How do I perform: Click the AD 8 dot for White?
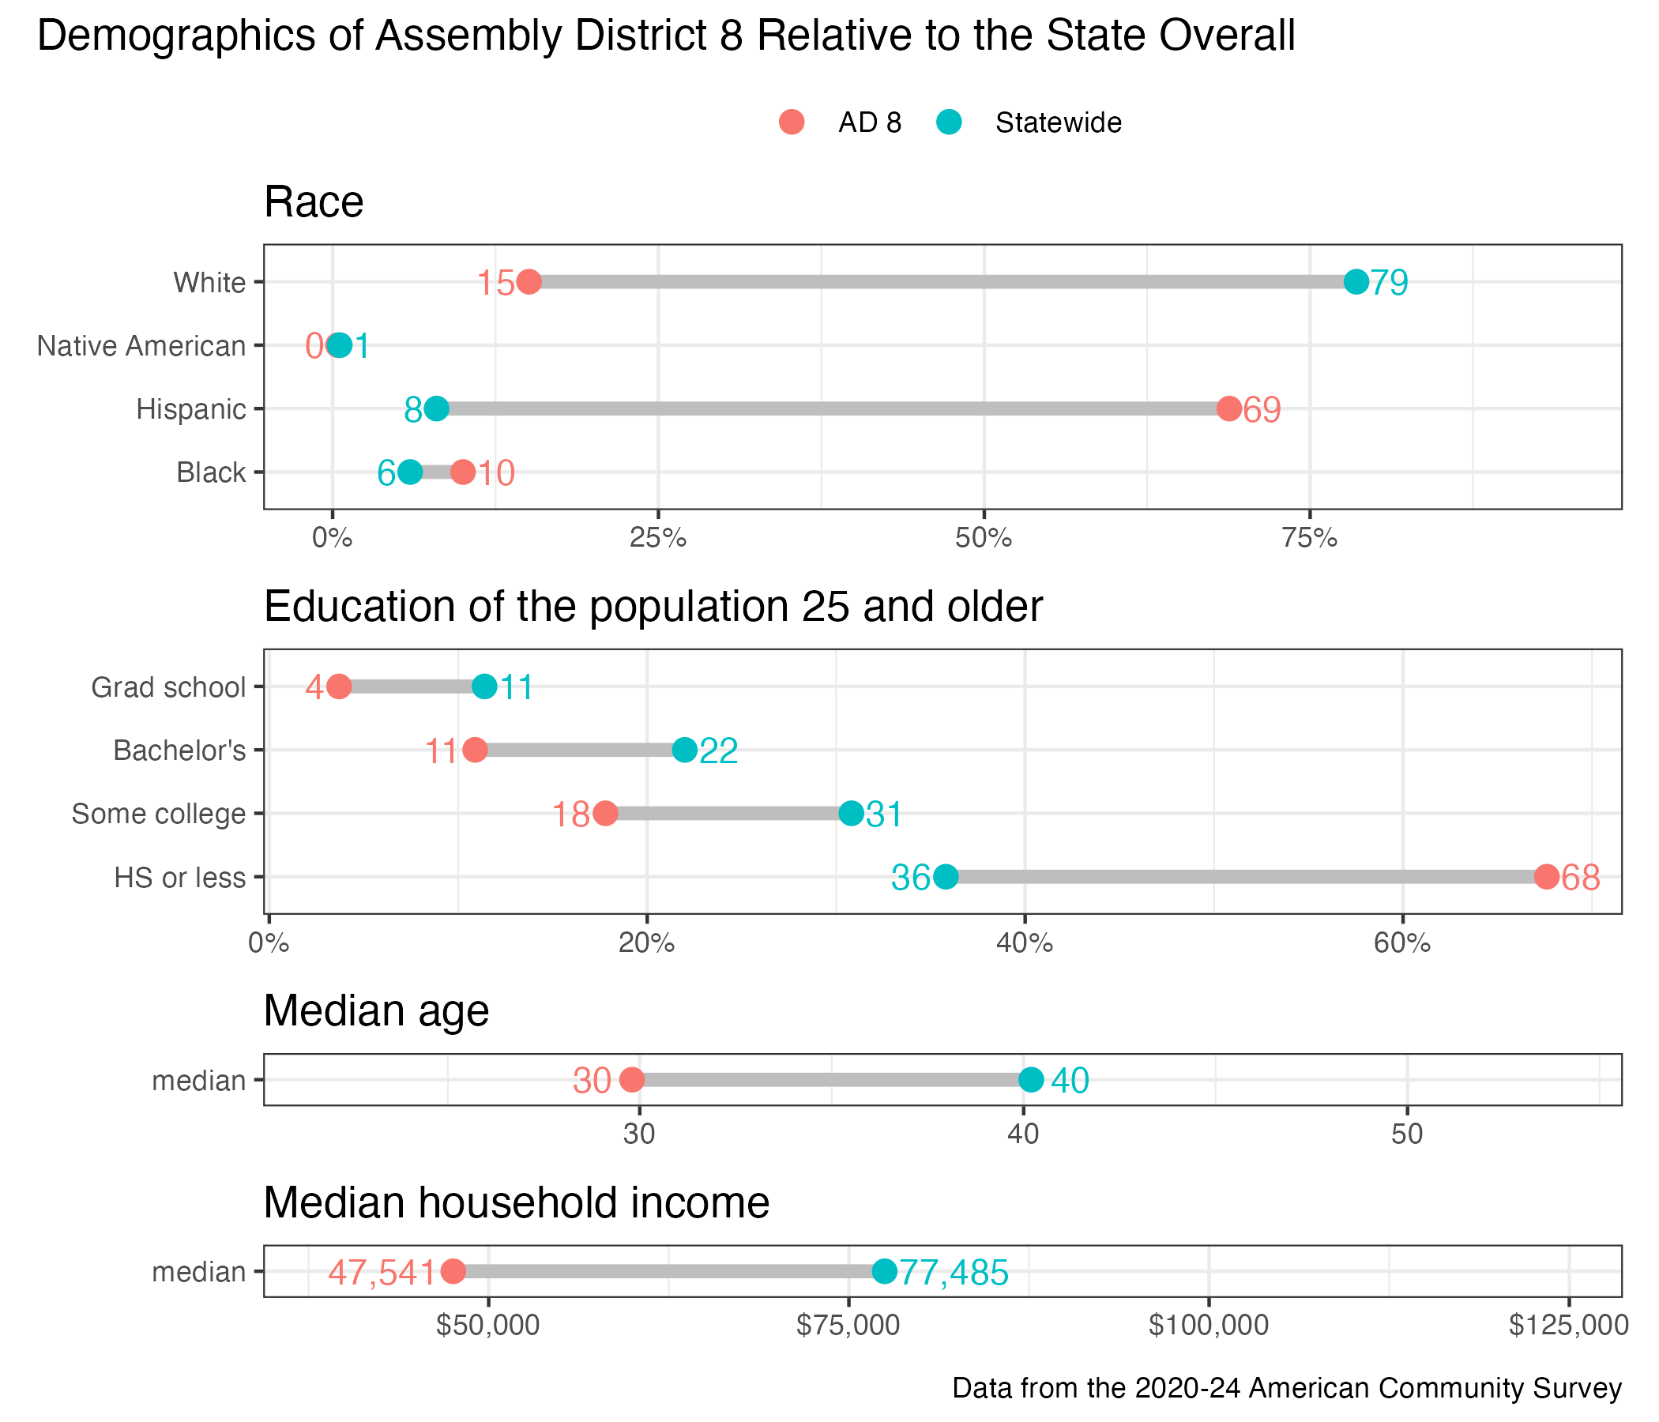point(529,282)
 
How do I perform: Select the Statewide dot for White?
point(1356,282)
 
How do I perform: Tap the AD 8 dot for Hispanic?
point(1229,409)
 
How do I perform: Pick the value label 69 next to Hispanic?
point(1262,410)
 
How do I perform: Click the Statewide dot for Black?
point(410,472)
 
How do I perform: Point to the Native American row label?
point(141,346)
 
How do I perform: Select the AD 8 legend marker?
point(791,122)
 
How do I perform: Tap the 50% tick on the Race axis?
point(984,538)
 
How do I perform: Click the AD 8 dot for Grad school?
point(339,687)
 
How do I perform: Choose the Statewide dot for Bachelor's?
point(685,750)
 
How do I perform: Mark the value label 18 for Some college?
point(572,815)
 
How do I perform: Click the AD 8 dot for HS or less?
point(1547,877)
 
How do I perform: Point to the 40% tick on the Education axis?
point(1024,943)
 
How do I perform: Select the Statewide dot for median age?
point(1031,1080)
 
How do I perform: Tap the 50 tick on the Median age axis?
point(1407,1134)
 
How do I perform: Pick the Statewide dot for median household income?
point(884,1271)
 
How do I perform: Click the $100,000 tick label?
point(1208,1326)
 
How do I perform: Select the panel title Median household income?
point(517,1202)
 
